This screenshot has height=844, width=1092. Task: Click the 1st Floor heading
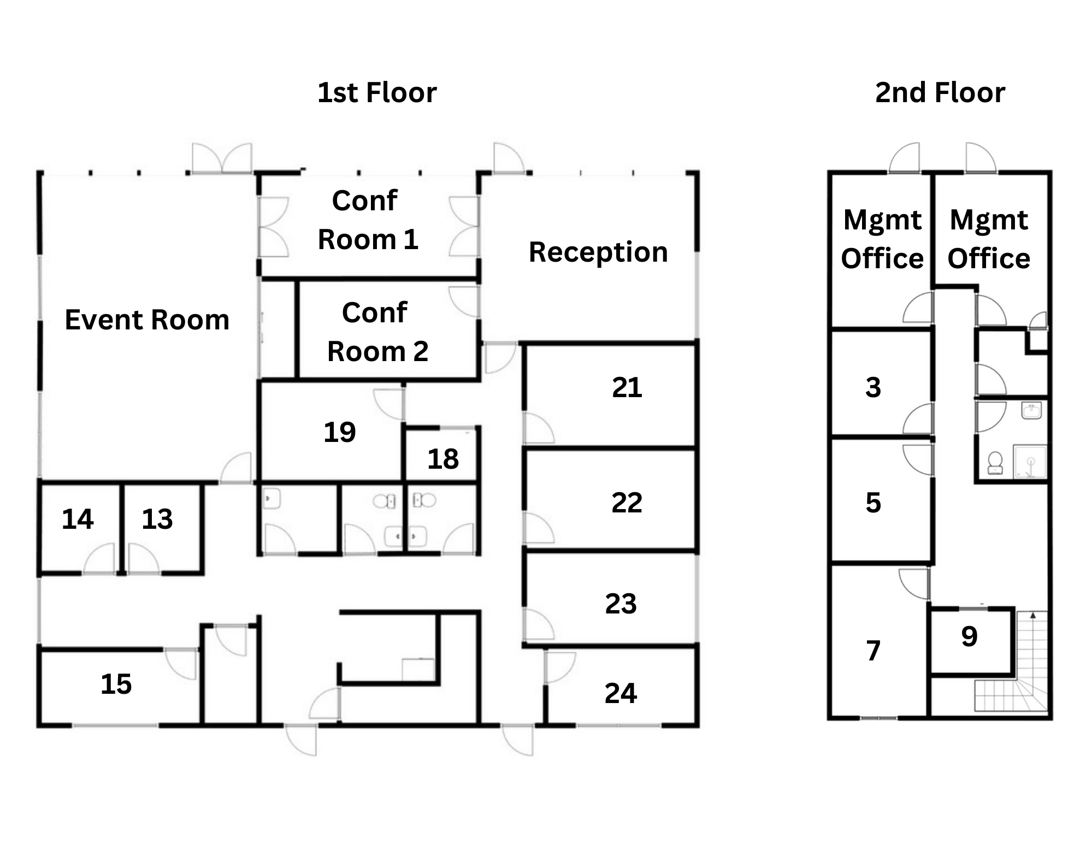click(377, 92)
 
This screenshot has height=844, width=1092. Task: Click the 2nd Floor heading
click(940, 92)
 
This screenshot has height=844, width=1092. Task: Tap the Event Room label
click(147, 320)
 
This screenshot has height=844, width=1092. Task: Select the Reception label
click(598, 252)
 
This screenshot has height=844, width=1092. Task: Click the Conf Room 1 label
click(368, 220)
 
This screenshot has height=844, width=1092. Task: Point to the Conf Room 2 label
click(377, 332)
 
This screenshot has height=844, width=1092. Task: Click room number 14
click(78, 519)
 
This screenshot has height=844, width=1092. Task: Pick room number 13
click(157, 519)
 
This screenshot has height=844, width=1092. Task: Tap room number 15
click(116, 684)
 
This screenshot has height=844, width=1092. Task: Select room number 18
click(442, 459)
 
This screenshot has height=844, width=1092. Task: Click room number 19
click(339, 432)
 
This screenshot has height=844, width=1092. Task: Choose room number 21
click(627, 387)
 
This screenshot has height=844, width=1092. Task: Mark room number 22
click(627, 502)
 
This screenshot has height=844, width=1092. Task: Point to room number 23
click(621, 604)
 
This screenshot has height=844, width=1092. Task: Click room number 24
click(621, 693)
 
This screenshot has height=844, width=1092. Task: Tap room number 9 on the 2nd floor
click(969, 636)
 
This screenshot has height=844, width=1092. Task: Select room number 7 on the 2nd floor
click(873, 651)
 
